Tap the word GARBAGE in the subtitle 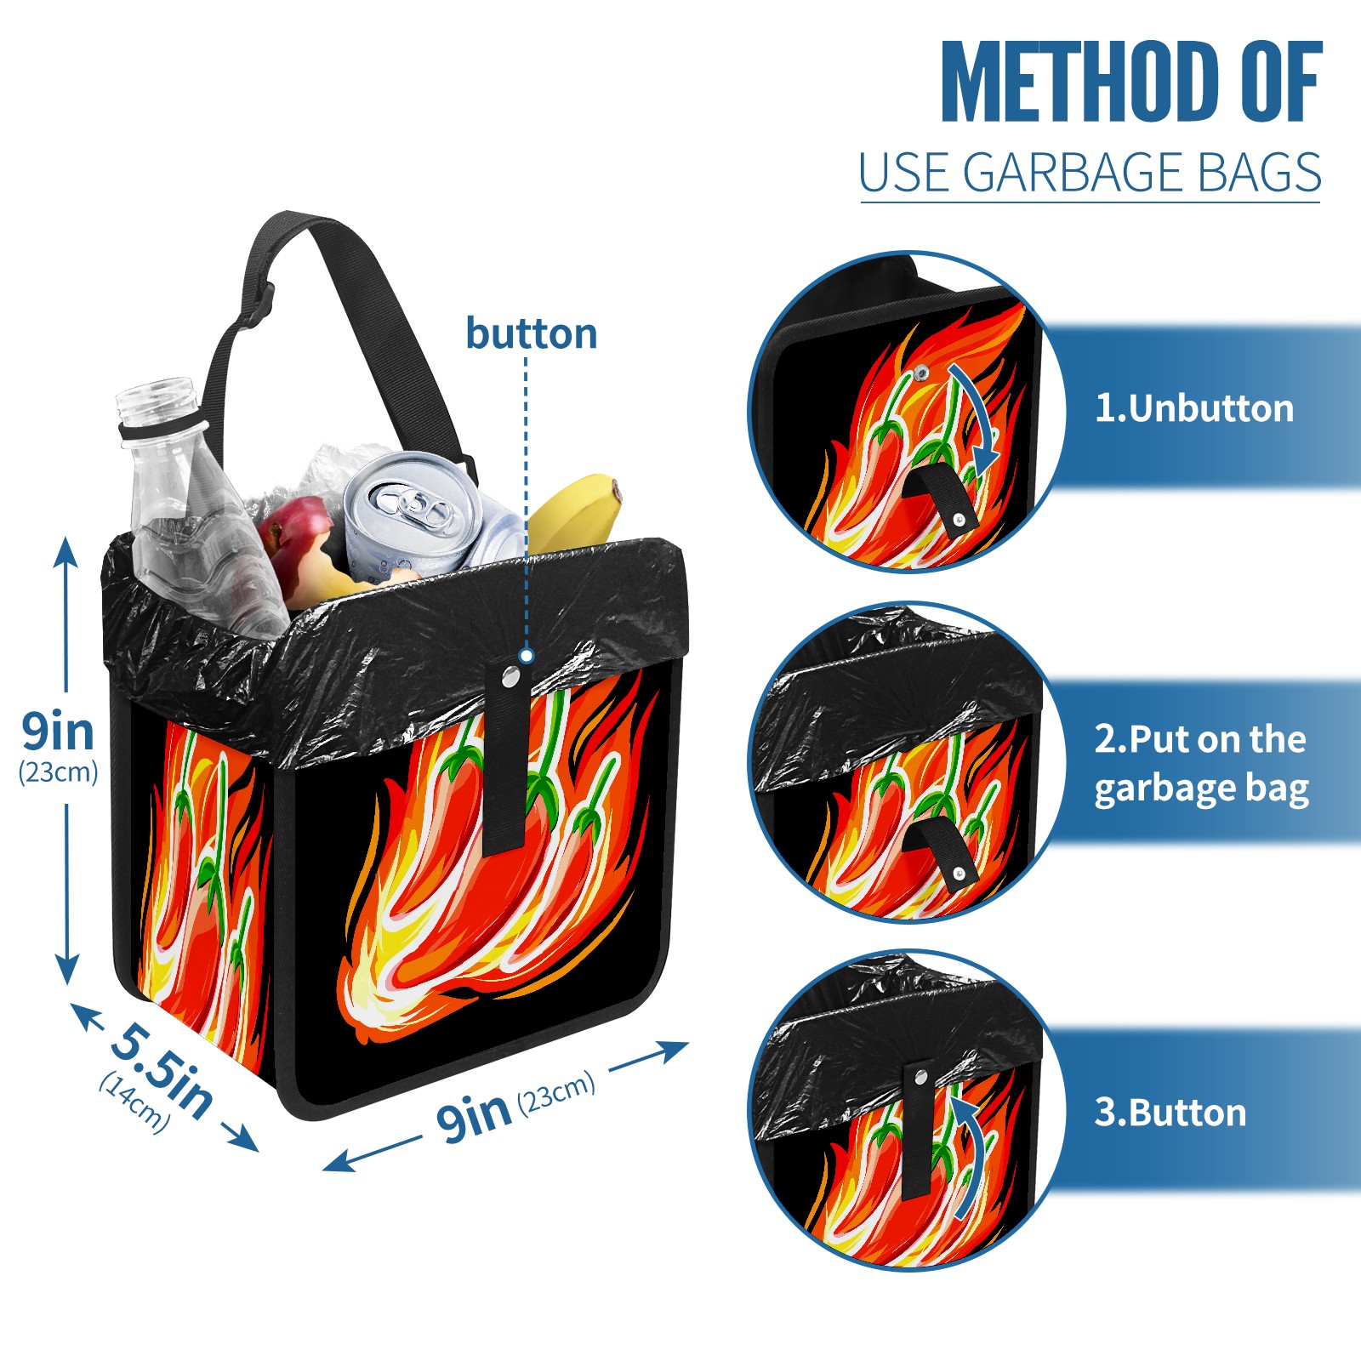1073,173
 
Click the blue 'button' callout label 532,333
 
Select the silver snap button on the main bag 510,677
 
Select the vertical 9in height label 58,743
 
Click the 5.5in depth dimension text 161,1068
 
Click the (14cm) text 134,1102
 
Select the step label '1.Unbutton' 1193,408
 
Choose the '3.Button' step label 1170,1113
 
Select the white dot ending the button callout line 527,656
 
